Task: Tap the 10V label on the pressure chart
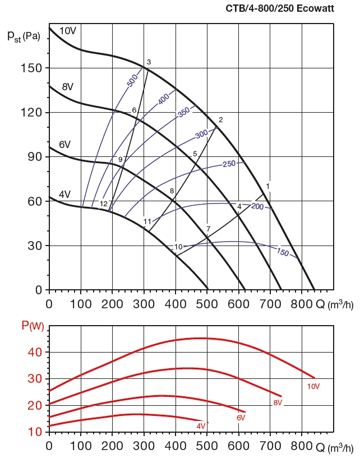click(x=67, y=31)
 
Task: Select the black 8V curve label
click(x=68, y=87)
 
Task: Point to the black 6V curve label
click(x=64, y=145)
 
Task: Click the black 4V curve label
click(x=64, y=195)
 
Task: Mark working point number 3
click(x=149, y=62)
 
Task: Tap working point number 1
click(x=268, y=186)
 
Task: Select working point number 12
click(x=103, y=203)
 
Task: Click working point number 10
click(x=178, y=247)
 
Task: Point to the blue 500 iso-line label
click(x=132, y=80)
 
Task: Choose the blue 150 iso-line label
click(x=283, y=253)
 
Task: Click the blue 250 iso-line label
click(x=229, y=164)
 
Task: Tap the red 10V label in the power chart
click(x=313, y=386)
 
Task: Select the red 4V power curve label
click(x=201, y=426)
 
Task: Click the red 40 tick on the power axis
click(x=35, y=352)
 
